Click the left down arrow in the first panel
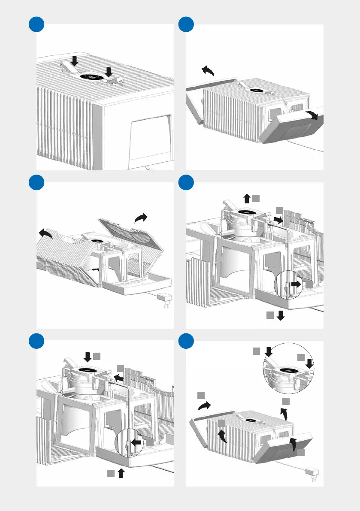tap(75, 61)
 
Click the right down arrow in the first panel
tap(109, 72)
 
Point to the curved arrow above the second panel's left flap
tap(208, 71)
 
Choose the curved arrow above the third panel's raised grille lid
tap(141, 218)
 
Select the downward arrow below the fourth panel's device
tap(281, 316)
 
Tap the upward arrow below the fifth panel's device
tap(121, 473)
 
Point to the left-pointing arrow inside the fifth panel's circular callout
tap(136, 442)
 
